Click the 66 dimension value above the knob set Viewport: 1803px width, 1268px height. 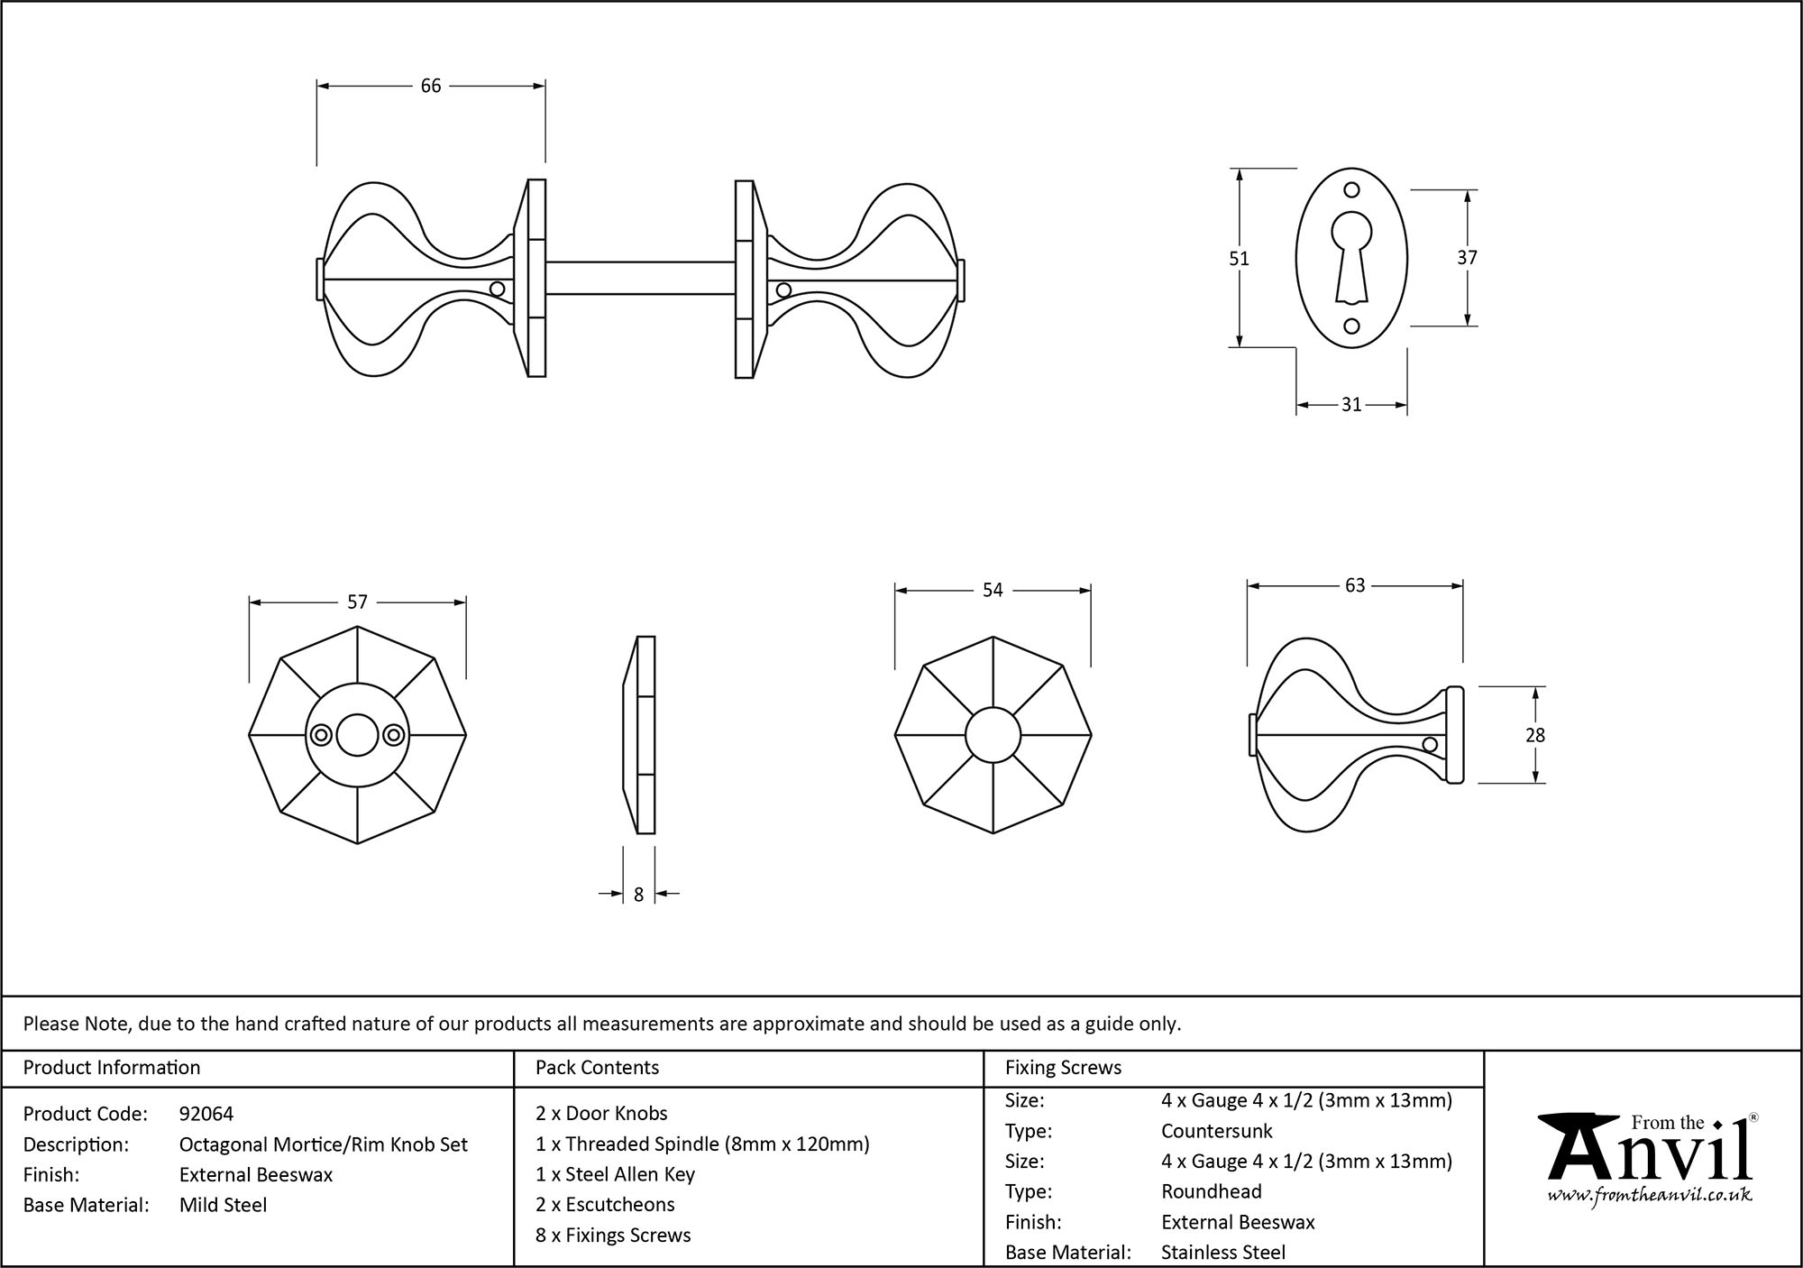pyautogui.click(x=431, y=86)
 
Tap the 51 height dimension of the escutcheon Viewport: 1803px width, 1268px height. pyautogui.click(x=1240, y=259)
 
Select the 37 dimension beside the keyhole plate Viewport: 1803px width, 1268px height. pyautogui.click(x=1467, y=258)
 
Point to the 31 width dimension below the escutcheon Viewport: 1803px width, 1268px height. pyautogui.click(x=1350, y=405)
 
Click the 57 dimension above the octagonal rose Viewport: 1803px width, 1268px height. pyautogui.click(x=357, y=602)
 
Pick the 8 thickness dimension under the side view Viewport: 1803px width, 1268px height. pyautogui.click(x=638, y=895)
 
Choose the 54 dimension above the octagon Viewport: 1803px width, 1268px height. pyautogui.click(x=992, y=590)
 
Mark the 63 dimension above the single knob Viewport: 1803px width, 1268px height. pyautogui.click(x=1354, y=586)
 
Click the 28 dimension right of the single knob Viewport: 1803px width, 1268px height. pyautogui.click(x=1535, y=736)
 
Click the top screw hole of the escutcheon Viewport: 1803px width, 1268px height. pyautogui.click(x=1350, y=190)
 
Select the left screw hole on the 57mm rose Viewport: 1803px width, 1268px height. pyautogui.click(x=320, y=736)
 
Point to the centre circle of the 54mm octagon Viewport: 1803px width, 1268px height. pyautogui.click(x=993, y=736)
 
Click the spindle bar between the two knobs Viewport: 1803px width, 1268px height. pyautogui.click(x=640, y=278)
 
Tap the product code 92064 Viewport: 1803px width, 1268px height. pyautogui.click(x=206, y=1114)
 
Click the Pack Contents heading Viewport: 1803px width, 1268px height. pyautogui.click(x=597, y=1068)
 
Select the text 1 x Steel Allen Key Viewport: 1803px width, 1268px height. pyautogui.click(x=615, y=1174)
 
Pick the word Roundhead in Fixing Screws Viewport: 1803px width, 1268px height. pyautogui.click(x=1211, y=1191)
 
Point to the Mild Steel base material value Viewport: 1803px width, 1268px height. pyautogui.click(x=223, y=1205)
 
